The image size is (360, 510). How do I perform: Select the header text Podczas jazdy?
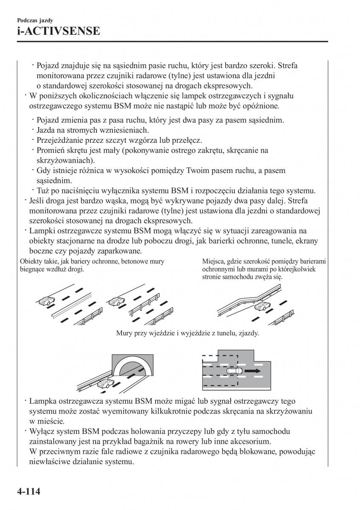(x=35, y=20)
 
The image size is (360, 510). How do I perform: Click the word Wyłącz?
(x=41, y=431)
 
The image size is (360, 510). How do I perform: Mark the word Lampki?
(x=42, y=231)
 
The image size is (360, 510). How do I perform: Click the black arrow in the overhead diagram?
(x=254, y=371)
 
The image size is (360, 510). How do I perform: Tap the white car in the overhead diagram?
(x=234, y=371)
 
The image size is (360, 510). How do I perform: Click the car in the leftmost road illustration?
(x=45, y=302)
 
